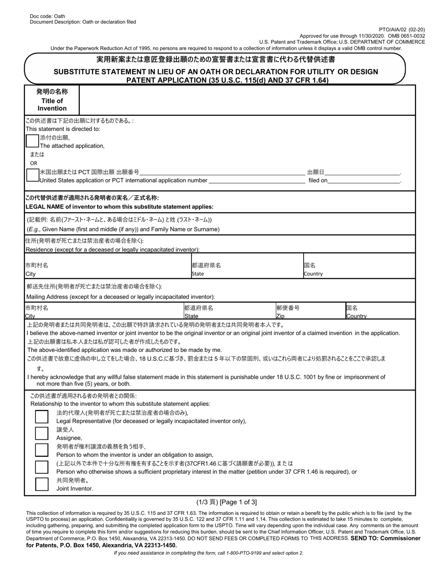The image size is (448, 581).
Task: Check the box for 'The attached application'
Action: [33, 141]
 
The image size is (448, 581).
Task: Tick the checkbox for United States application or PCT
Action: [33, 176]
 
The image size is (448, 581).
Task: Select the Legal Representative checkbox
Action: [42, 417]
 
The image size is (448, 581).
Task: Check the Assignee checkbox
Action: [42, 433]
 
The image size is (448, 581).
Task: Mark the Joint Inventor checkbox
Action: [42, 484]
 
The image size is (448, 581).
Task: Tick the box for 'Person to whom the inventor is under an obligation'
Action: [42, 450]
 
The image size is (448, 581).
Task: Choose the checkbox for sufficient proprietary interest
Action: [42, 467]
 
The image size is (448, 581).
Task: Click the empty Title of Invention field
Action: [247, 100]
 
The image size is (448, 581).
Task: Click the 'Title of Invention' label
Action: [52, 104]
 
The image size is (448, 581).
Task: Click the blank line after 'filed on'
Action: [364, 180]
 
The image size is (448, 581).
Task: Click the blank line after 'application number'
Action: [257, 180]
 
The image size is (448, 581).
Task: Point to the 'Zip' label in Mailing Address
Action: [280, 316]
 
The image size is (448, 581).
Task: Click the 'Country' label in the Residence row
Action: [313, 273]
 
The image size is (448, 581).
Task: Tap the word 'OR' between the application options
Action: [34, 163]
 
